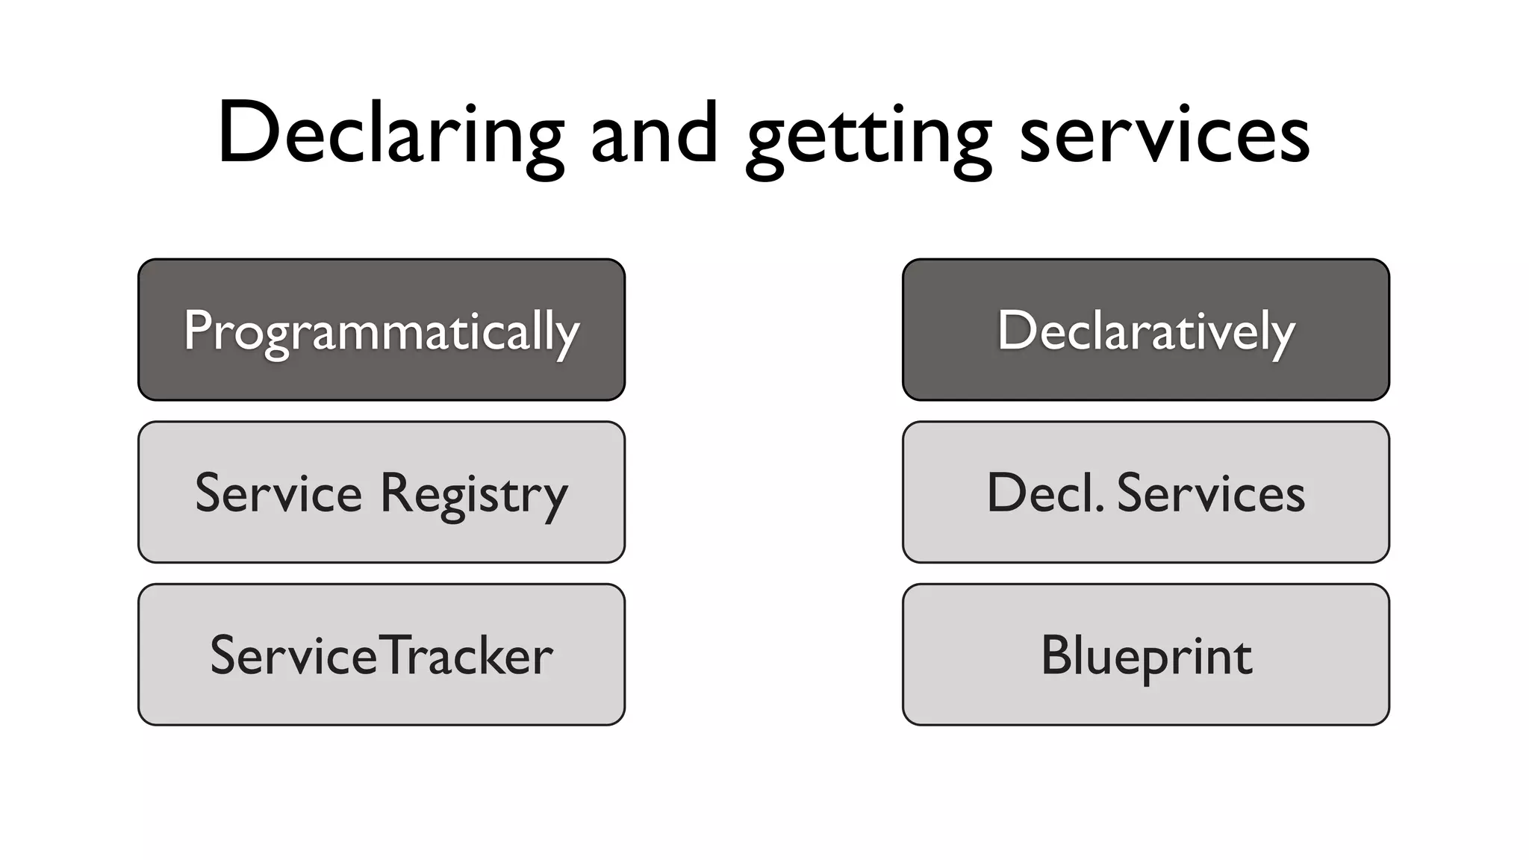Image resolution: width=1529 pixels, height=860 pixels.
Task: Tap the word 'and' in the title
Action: click(x=654, y=134)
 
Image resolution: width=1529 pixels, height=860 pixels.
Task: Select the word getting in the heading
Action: click(x=868, y=138)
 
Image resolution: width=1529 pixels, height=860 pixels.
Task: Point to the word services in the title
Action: click(x=1164, y=134)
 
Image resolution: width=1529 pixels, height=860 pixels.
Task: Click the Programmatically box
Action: click(x=382, y=329)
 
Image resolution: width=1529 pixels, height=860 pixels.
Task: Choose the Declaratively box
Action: click(x=1145, y=329)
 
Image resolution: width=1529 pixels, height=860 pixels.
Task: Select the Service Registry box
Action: click(x=382, y=492)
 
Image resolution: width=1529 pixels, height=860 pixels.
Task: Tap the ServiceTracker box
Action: click(x=382, y=654)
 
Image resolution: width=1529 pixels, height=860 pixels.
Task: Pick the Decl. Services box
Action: click(x=1145, y=492)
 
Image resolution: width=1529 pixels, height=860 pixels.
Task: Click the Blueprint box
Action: click(x=1145, y=654)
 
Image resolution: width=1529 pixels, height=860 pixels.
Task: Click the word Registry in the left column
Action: click(x=473, y=494)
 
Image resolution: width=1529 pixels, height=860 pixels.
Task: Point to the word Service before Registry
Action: click(x=278, y=493)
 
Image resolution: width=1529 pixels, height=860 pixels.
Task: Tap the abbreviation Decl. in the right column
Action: click(x=1044, y=493)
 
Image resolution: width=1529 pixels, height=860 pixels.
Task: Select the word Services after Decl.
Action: click(x=1211, y=493)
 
